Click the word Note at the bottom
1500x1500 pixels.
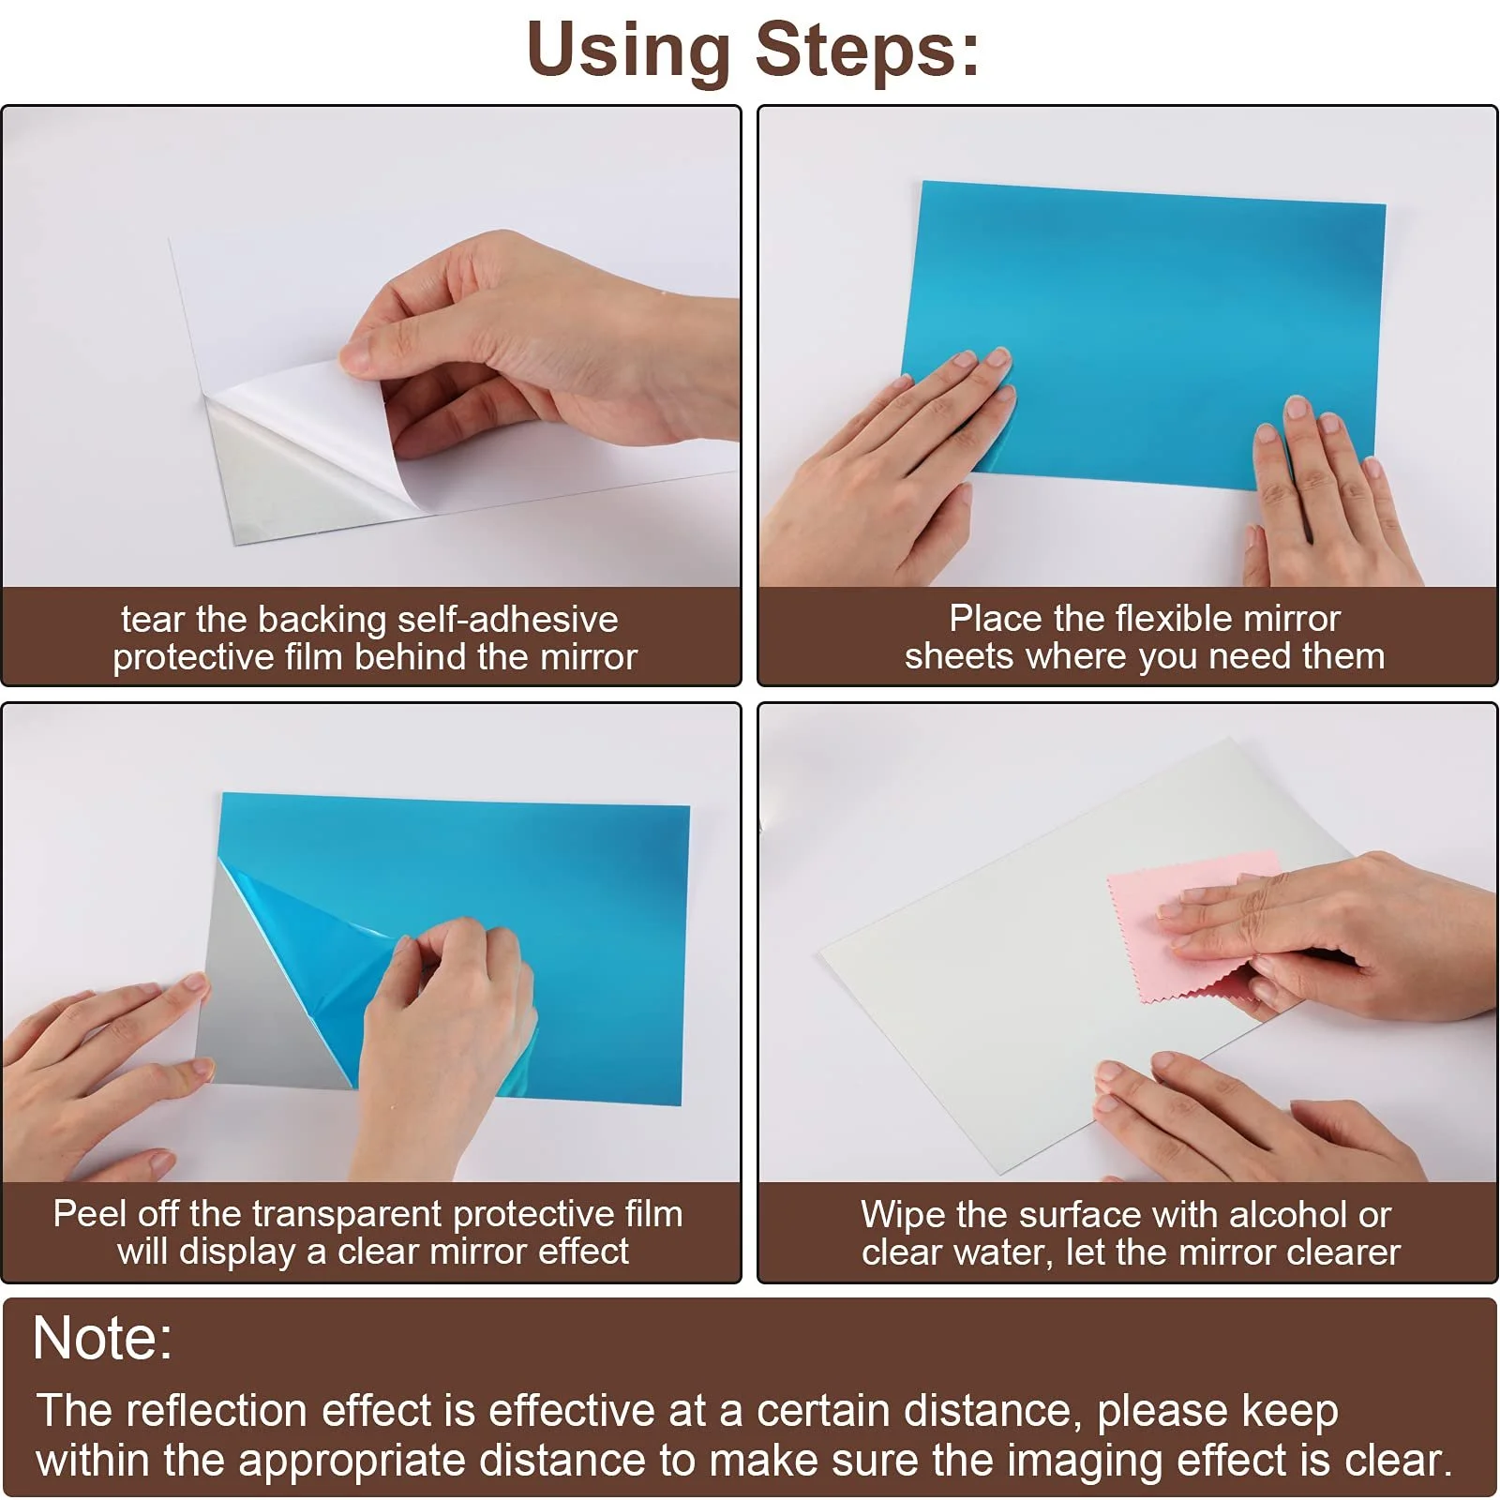click(x=102, y=1338)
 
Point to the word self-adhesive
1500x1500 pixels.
click(x=507, y=620)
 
